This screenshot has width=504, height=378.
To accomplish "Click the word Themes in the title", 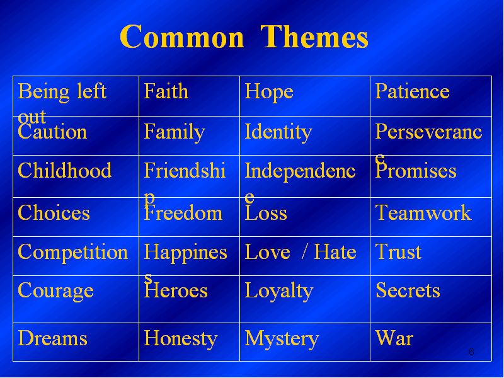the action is click(x=314, y=37).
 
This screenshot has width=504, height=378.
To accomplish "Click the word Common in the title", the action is click(x=182, y=37).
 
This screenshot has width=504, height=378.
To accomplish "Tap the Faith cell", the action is click(x=190, y=96).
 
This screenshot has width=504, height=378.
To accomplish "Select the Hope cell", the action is click(x=305, y=96).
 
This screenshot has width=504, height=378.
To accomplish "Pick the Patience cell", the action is click(x=431, y=96).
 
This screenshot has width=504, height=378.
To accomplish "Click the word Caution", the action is click(x=52, y=132).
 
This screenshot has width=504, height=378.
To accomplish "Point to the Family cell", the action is click(x=190, y=135).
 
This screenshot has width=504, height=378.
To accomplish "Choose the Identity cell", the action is click(x=305, y=135).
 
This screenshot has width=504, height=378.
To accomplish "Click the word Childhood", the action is click(x=65, y=170).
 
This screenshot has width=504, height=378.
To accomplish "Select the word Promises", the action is click(x=416, y=171).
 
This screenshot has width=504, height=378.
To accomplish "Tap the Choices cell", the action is click(x=76, y=217).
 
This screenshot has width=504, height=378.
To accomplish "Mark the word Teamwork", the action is click(x=423, y=212).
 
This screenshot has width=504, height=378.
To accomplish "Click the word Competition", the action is click(x=73, y=251).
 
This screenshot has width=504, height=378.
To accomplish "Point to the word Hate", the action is click(x=335, y=251).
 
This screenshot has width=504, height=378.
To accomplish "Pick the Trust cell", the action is click(x=431, y=256).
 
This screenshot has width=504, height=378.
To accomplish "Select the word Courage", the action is click(x=55, y=291).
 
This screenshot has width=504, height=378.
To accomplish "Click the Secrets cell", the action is click(x=431, y=299).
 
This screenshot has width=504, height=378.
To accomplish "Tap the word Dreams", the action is click(x=52, y=338).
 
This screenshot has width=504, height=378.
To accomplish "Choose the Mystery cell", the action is click(x=305, y=342).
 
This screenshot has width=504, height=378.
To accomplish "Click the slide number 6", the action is click(x=471, y=352).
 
